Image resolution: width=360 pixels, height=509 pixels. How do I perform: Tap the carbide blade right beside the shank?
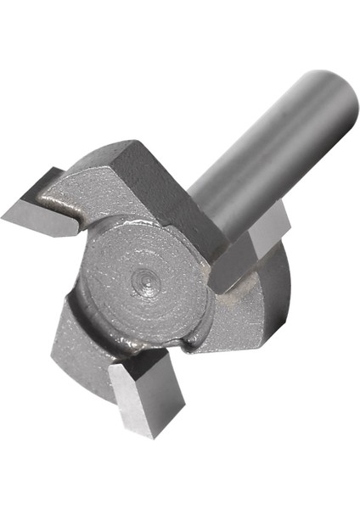(246, 250)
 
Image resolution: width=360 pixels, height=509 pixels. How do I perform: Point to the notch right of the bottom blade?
(183, 348)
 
